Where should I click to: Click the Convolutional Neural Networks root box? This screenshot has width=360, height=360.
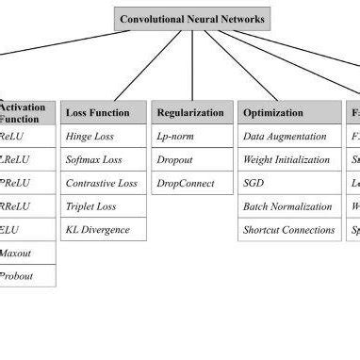pyautogui.click(x=193, y=18)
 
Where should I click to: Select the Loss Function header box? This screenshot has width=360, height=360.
pyautogui.click(x=103, y=112)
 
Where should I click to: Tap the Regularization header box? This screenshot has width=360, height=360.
pyautogui.click(x=191, y=112)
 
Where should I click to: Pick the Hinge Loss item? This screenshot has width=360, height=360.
pyautogui.click(x=103, y=136)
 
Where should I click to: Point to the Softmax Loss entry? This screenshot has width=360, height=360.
pyautogui.click(x=103, y=159)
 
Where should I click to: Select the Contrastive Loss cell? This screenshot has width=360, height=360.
pyautogui.click(x=103, y=183)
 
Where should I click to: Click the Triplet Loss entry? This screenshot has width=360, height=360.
pyautogui.click(x=103, y=205)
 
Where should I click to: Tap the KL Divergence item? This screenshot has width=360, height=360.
pyautogui.click(x=103, y=229)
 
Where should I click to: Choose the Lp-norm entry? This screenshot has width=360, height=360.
pyautogui.click(x=191, y=136)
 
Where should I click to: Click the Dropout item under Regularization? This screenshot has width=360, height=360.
pyautogui.click(x=191, y=159)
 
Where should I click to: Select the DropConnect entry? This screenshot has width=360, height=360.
pyautogui.click(x=191, y=183)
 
